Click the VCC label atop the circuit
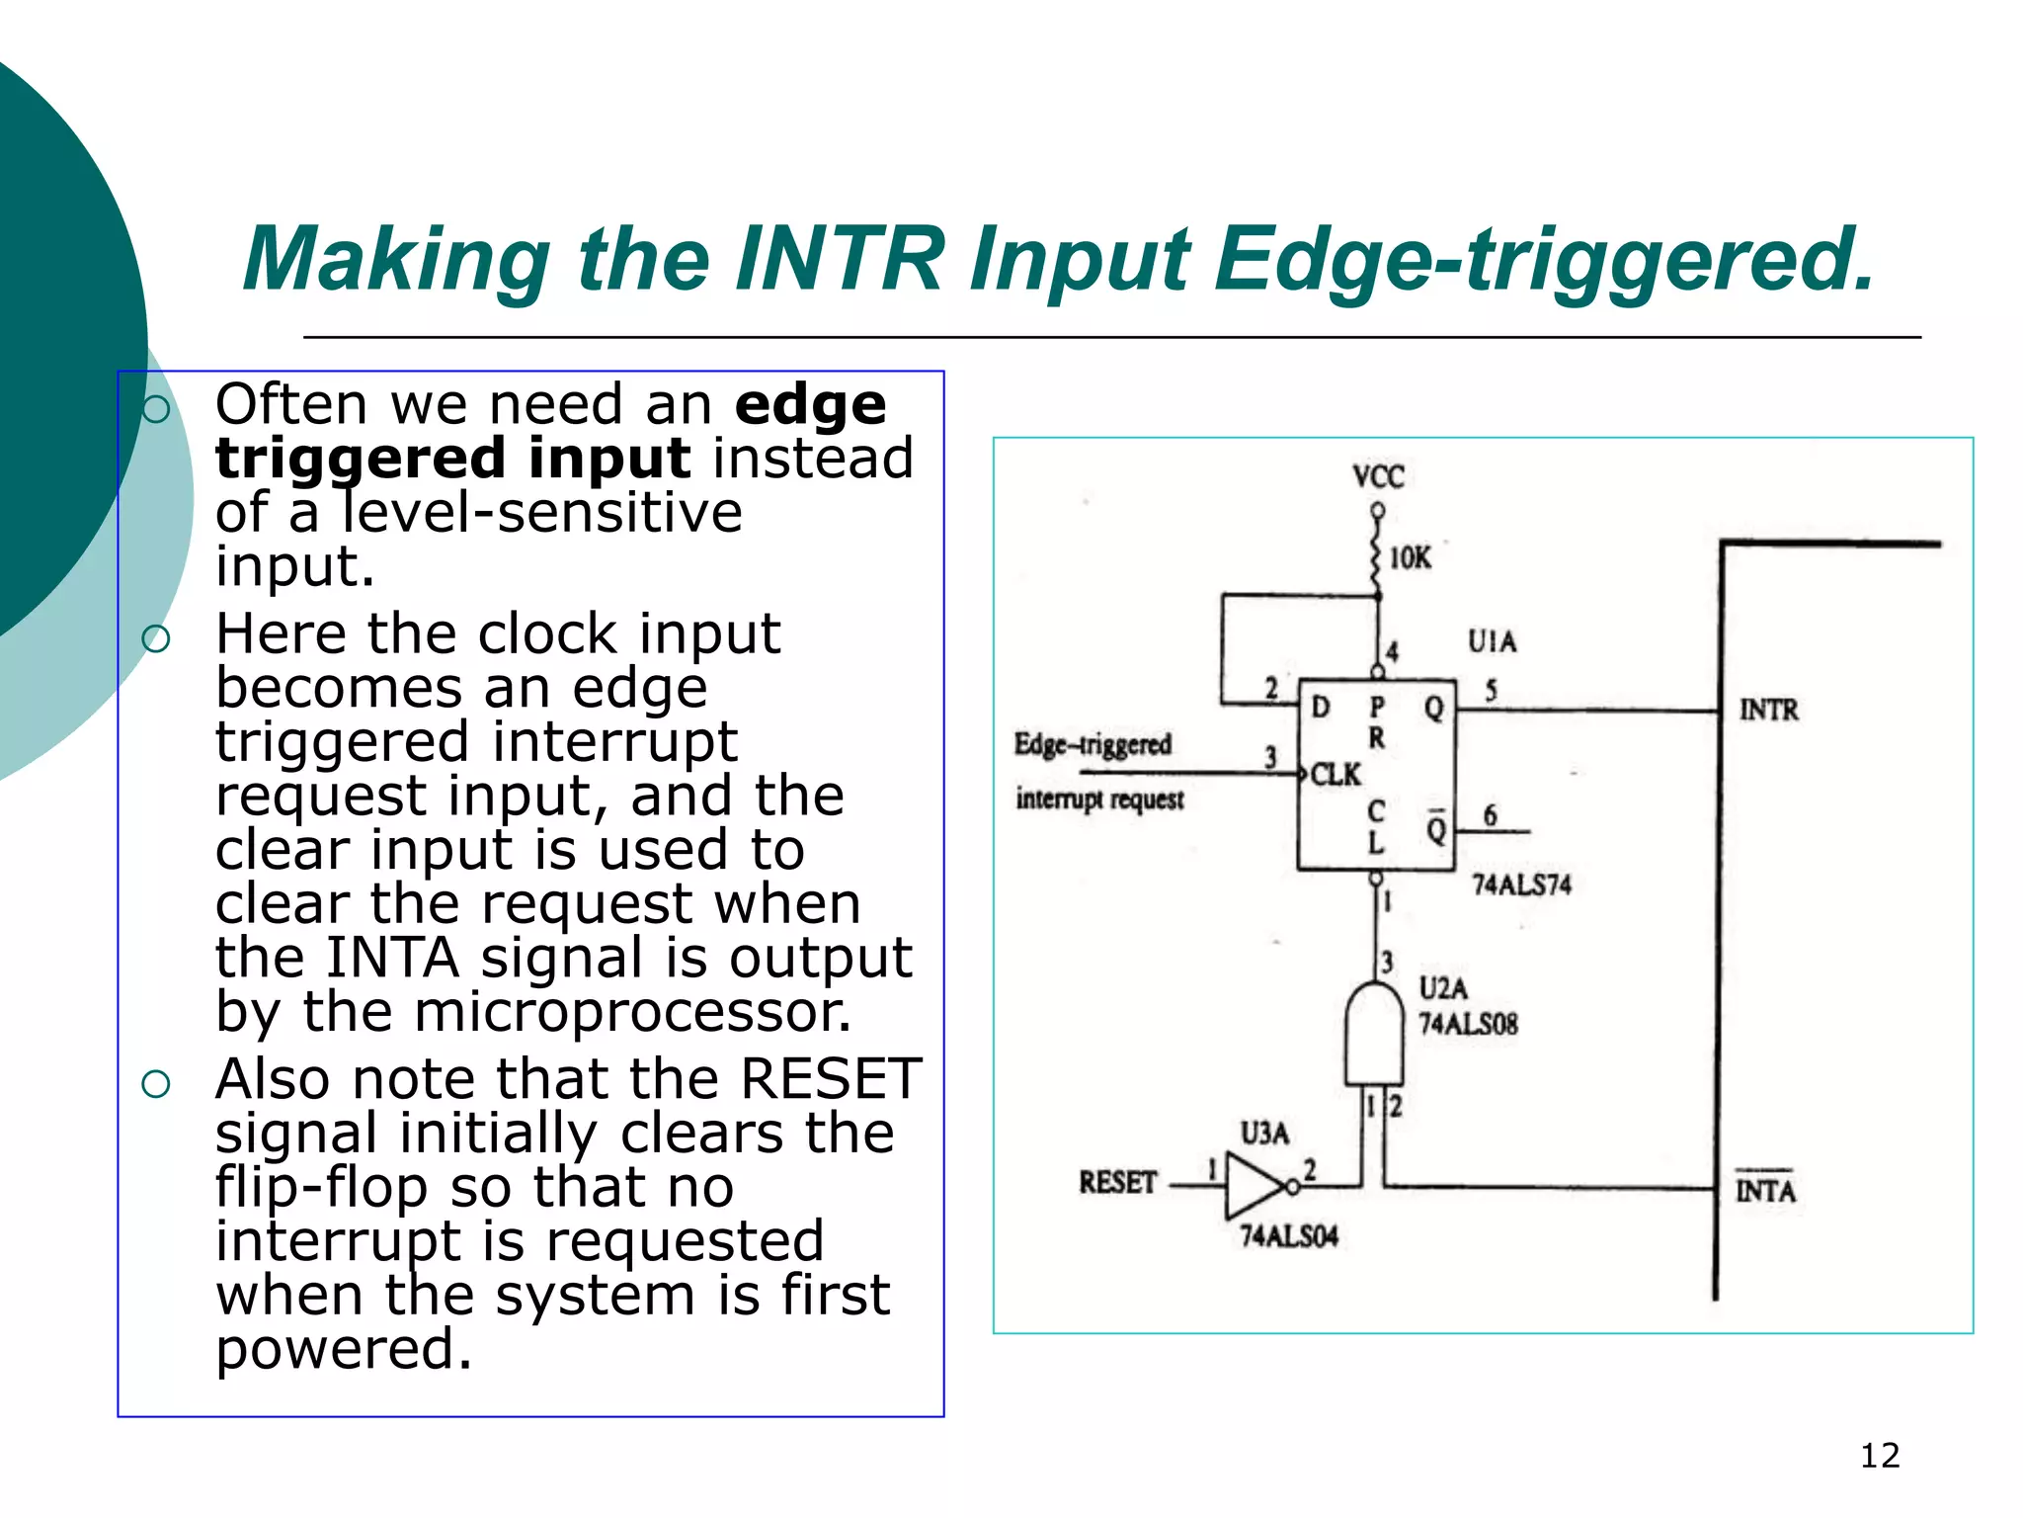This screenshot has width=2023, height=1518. [x=1378, y=477]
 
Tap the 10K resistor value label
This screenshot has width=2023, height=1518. [x=1410, y=558]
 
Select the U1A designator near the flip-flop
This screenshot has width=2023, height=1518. [x=1492, y=641]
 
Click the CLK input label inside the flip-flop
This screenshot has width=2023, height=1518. [x=1335, y=775]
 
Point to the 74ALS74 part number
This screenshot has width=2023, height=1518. [x=1521, y=885]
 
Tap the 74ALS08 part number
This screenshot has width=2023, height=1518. [x=1468, y=1024]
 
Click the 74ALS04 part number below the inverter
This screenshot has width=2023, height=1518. [x=1289, y=1236]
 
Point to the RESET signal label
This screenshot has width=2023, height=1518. [x=1117, y=1182]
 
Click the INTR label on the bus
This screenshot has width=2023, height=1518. [x=1768, y=710]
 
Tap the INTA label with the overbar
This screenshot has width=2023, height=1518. [x=1765, y=1190]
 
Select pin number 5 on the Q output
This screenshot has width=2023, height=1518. [x=1491, y=690]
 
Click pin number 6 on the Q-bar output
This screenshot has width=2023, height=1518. [x=1490, y=815]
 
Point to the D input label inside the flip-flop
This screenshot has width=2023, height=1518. [x=1321, y=707]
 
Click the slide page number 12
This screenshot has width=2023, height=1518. [x=1879, y=1456]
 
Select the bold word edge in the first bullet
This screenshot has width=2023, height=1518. [x=810, y=404]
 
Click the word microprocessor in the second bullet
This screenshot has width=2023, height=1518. [x=632, y=1012]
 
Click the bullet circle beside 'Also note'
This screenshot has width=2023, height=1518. [x=156, y=1084]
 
